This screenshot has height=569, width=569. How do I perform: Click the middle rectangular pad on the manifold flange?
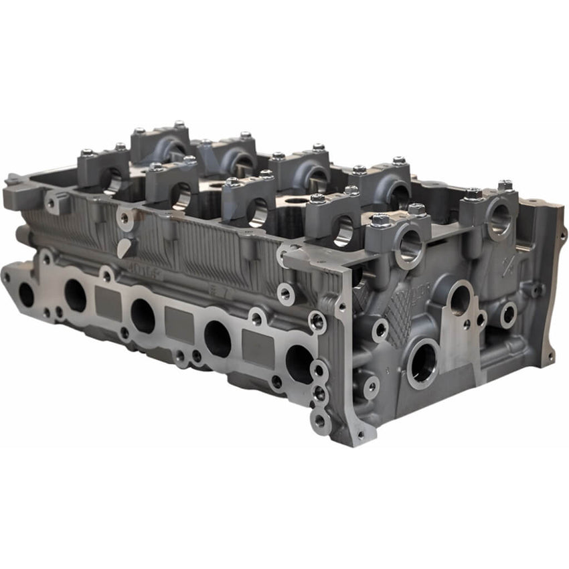coord(179,325)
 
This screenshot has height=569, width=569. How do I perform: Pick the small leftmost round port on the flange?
coord(26,293)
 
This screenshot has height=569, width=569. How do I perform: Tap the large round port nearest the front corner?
coord(299,363)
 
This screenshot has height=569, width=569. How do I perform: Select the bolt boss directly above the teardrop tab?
coord(126,218)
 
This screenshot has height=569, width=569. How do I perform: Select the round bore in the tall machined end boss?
coord(460,301)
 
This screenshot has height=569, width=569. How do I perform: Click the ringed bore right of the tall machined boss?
coord(508,314)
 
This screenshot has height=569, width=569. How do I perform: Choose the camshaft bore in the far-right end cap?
coord(499,219)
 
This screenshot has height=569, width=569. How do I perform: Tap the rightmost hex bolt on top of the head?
coord(505,185)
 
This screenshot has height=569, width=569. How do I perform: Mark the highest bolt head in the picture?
coord(179,125)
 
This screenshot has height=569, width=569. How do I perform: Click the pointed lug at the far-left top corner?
coord(13,179)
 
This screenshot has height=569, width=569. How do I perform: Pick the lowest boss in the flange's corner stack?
coord(320,421)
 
